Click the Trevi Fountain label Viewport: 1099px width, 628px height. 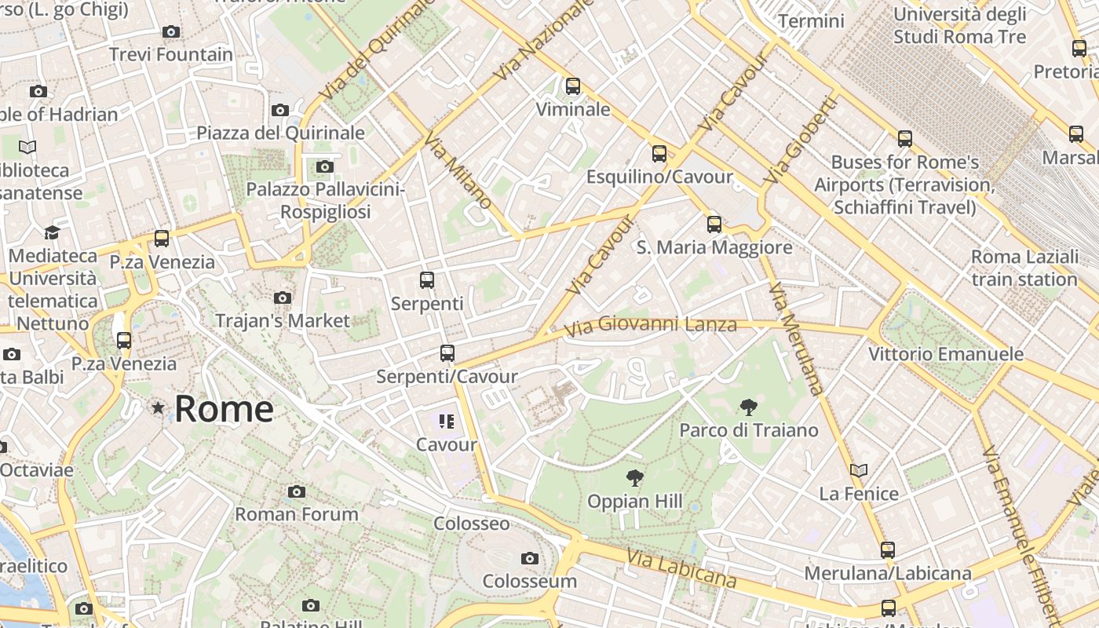pos(171,55)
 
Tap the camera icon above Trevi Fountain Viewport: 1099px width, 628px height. pos(170,32)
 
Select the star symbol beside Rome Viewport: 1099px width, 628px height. pos(158,407)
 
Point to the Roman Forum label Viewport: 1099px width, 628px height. pos(297,514)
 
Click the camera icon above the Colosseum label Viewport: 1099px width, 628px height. pos(530,559)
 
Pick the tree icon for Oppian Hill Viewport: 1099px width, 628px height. pos(634,477)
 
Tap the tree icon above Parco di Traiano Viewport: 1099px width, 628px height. pos(748,407)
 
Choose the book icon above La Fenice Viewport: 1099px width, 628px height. pos(859,471)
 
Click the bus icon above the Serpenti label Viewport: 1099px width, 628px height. pos(427,280)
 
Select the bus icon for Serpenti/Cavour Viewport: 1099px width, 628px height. pos(447,353)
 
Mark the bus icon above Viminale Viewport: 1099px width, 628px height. pos(573,86)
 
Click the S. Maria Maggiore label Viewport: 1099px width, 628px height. pos(714,247)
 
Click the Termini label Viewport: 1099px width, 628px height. pos(811,21)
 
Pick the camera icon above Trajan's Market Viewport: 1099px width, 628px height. pos(283,298)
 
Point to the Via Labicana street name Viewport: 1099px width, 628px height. pos(681,568)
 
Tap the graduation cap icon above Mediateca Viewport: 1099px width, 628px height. pos(52,233)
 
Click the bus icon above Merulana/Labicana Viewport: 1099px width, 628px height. pos(888,550)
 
